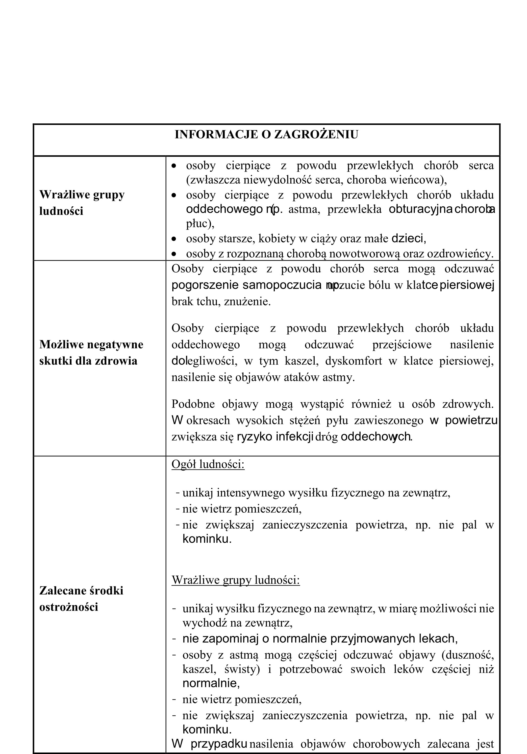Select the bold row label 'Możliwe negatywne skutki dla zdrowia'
coord(91,352)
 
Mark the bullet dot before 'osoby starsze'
coord(174,239)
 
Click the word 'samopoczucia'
coord(282,285)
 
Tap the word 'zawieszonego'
coord(389,420)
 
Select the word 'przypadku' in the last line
coord(219,744)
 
